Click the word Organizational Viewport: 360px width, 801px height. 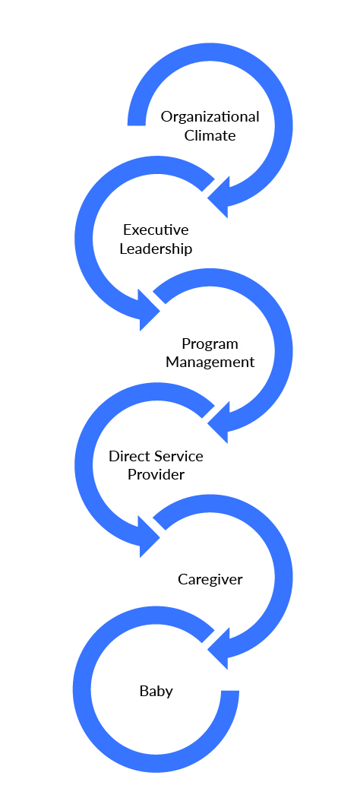[210, 118]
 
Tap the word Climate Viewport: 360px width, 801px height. [210, 136]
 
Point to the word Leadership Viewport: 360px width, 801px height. [156, 249]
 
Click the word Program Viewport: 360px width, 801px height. [210, 344]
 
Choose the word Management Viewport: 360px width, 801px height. [210, 363]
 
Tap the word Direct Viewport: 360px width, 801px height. [128, 456]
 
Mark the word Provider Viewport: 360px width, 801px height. [156, 474]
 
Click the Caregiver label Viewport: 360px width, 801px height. [210, 580]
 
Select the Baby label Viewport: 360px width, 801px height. [156, 692]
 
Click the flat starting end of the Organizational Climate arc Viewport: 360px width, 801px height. [137, 124]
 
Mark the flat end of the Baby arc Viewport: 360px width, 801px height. [230, 692]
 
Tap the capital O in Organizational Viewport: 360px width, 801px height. [167, 117]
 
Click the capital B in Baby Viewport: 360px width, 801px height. [144, 692]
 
